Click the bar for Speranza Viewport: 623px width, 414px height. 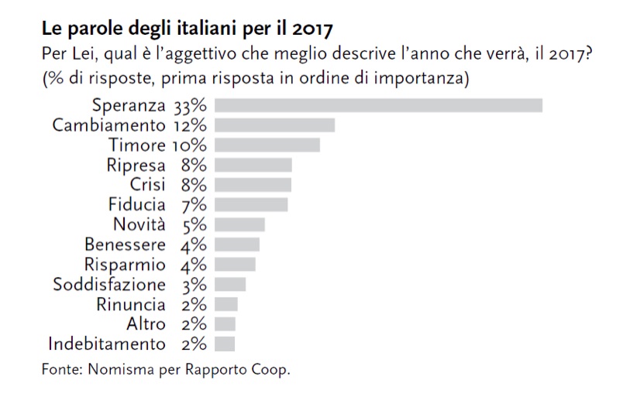point(378,105)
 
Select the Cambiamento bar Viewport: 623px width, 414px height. point(274,125)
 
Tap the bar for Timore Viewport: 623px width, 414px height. point(267,145)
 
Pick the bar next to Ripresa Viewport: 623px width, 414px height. point(253,165)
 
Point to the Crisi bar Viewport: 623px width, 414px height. point(253,184)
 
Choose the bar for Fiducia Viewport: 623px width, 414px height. point(251,204)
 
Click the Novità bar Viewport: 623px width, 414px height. point(239,224)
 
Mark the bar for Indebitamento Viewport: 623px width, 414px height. point(225,344)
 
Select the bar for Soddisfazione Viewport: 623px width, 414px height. point(230,284)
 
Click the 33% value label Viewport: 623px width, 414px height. point(191,105)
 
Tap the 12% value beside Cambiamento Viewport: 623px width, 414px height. point(190,125)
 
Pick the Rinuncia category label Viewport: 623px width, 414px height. point(131,304)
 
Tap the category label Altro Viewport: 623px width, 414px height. point(146,323)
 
